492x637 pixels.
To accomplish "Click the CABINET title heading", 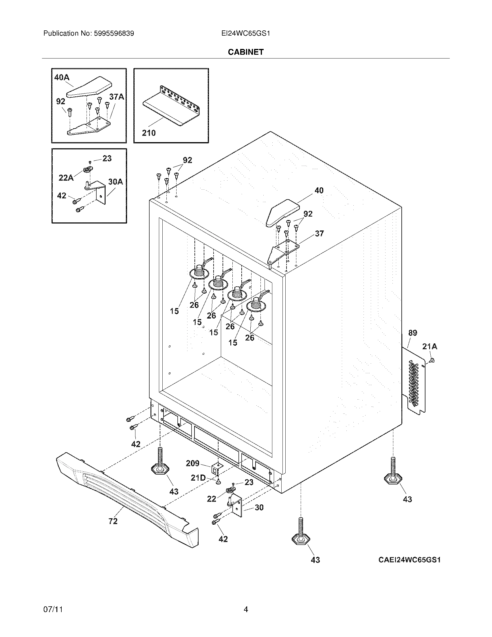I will pyautogui.click(x=245, y=52).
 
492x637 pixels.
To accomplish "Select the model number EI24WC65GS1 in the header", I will pyautogui.click(x=245, y=33).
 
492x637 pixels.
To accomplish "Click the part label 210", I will pyautogui.click(x=149, y=133).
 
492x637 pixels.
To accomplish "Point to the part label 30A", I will pyautogui.click(x=115, y=182).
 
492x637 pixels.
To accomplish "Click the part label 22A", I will pyautogui.click(x=66, y=177).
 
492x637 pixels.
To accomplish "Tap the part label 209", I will pyautogui.click(x=193, y=463).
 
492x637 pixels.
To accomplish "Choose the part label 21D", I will pyautogui.click(x=198, y=478).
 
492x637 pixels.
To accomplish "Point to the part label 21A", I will pyautogui.click(x=429, y=347).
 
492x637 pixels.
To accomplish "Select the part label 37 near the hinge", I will pyautogui.click(x=319, y=233).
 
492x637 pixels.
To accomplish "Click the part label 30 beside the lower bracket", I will pyautogui.click(x=259, y=508).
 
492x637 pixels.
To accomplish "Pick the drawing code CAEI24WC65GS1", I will pyautogui.click(x=409, y=560).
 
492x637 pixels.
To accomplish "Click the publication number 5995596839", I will pyautogui.click(x=114, y=33).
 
